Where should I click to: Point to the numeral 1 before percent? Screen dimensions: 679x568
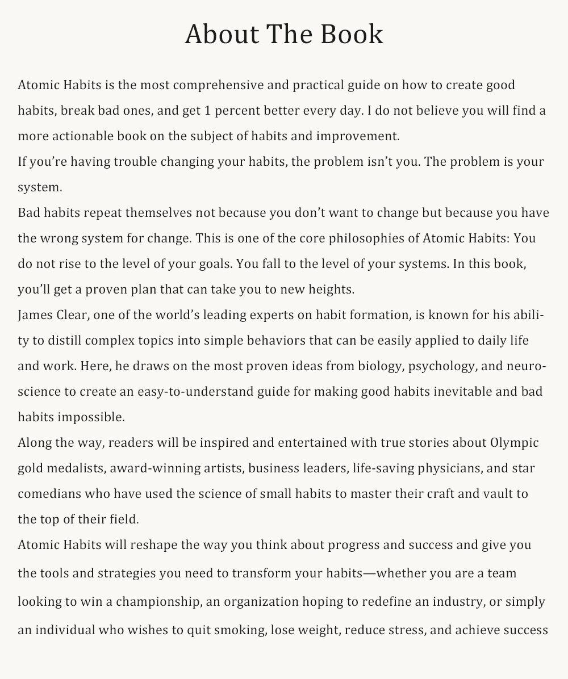[208, 111]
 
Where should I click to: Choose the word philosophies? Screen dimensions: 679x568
[370, 238]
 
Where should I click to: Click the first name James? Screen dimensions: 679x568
[36, 315]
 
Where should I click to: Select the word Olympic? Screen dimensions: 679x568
[514, 443]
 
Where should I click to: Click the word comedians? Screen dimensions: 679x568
[49, 494]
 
